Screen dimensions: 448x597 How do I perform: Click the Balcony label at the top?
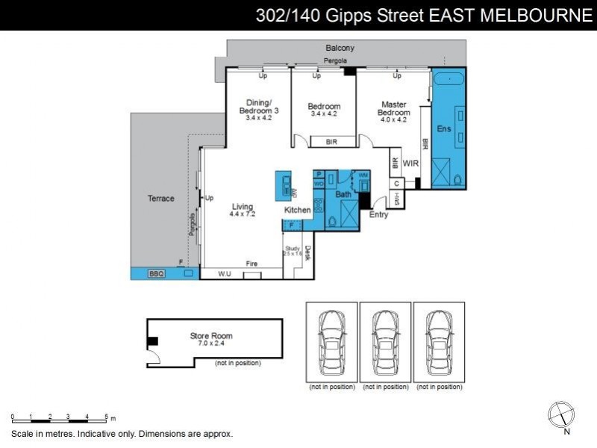tap(340, 48)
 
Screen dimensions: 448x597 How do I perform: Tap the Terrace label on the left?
tap(160, 199)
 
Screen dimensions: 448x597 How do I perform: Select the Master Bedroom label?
tap(393, 109)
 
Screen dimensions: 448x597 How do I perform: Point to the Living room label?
tap(242, 207)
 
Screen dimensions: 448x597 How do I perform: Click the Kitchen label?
tap(298, 211)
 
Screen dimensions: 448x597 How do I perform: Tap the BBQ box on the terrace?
tap(155, 274)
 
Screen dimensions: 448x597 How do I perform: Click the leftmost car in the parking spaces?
tap(332, 343)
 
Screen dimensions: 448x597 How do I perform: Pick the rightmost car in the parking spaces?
tap(439, 343)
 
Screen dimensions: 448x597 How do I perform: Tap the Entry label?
tap(379, 215)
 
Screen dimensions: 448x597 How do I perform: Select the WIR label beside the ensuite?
tap(410, 162)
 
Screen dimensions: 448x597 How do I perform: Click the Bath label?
tap(343, 195)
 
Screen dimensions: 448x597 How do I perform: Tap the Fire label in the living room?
tap(252, 264)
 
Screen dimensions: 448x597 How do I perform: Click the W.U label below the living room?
tap(225, 275)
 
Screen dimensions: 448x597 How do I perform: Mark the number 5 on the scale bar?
tap(106, 417)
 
